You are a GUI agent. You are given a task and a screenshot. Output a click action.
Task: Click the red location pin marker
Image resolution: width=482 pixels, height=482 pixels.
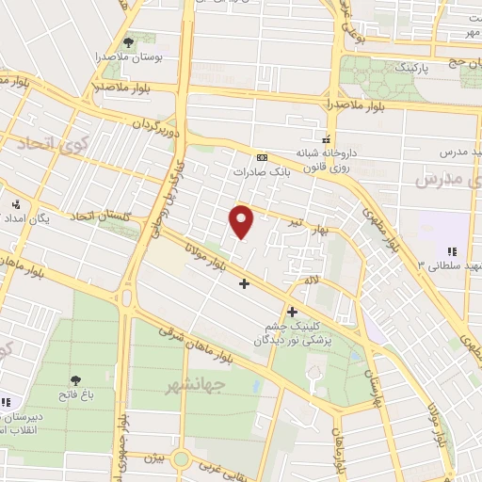pyautogui.click(x=242, y=220)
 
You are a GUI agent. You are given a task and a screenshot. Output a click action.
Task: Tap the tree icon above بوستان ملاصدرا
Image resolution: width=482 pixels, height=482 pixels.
pyautogui.click(x=128, y=42)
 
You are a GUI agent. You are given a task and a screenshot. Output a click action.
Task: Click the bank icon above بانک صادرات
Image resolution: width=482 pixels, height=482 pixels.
pyautogui.click(x=261, y=157)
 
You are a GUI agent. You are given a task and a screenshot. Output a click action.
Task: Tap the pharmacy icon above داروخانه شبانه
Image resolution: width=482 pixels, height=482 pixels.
pyautogui.click(x=327, y=135)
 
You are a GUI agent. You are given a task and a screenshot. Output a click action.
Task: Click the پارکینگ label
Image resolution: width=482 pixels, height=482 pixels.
pyautogui.click(x=409, y=69)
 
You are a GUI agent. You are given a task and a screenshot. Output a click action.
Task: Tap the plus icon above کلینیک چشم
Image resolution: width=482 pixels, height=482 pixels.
pyautogui.click(x=292, y=312)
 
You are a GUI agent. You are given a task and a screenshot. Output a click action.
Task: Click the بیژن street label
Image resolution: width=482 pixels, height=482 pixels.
pyautogui.click(x=156, y=458)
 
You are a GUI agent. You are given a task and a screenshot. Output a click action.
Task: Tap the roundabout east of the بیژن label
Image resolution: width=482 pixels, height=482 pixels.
pyautogui.click(x=182, y=459)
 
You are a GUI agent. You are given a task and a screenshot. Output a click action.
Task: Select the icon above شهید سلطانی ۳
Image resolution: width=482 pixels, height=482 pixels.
pyautogui.click(x=451, y=251)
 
